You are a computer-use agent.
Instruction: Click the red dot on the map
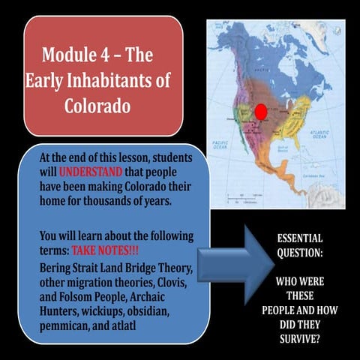point(260,112)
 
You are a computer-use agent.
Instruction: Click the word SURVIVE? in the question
point(299,337)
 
